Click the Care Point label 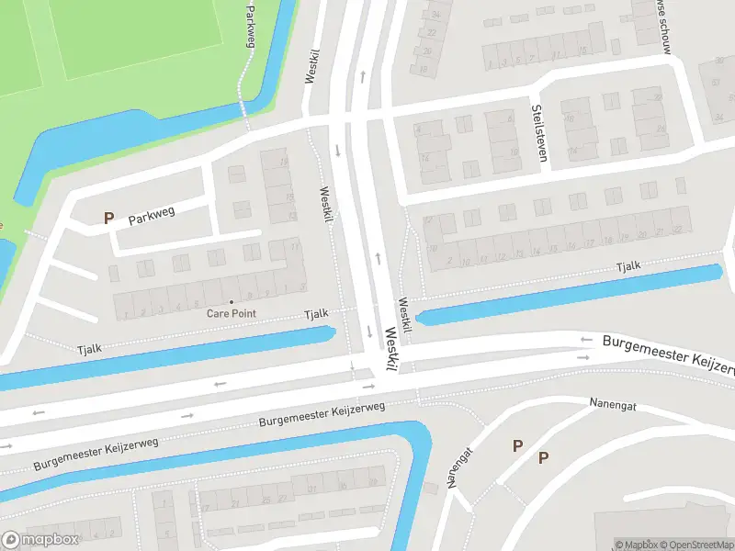(x=231, y=314)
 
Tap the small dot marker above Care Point (x=231, y=302)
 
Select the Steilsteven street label (x=538, y=133)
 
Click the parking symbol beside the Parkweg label (x=108, y=219)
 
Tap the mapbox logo (x=40, y=539)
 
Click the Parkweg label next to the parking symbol (x=151, y=218)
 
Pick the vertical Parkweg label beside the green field (x=250, y=25)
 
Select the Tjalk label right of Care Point (x=316, y=314)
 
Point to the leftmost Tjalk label (x=90, y=348)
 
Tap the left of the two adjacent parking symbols (x=517, y=445)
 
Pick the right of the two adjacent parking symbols (x=543, y=456)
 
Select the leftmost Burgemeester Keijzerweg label (x=96, y=455)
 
